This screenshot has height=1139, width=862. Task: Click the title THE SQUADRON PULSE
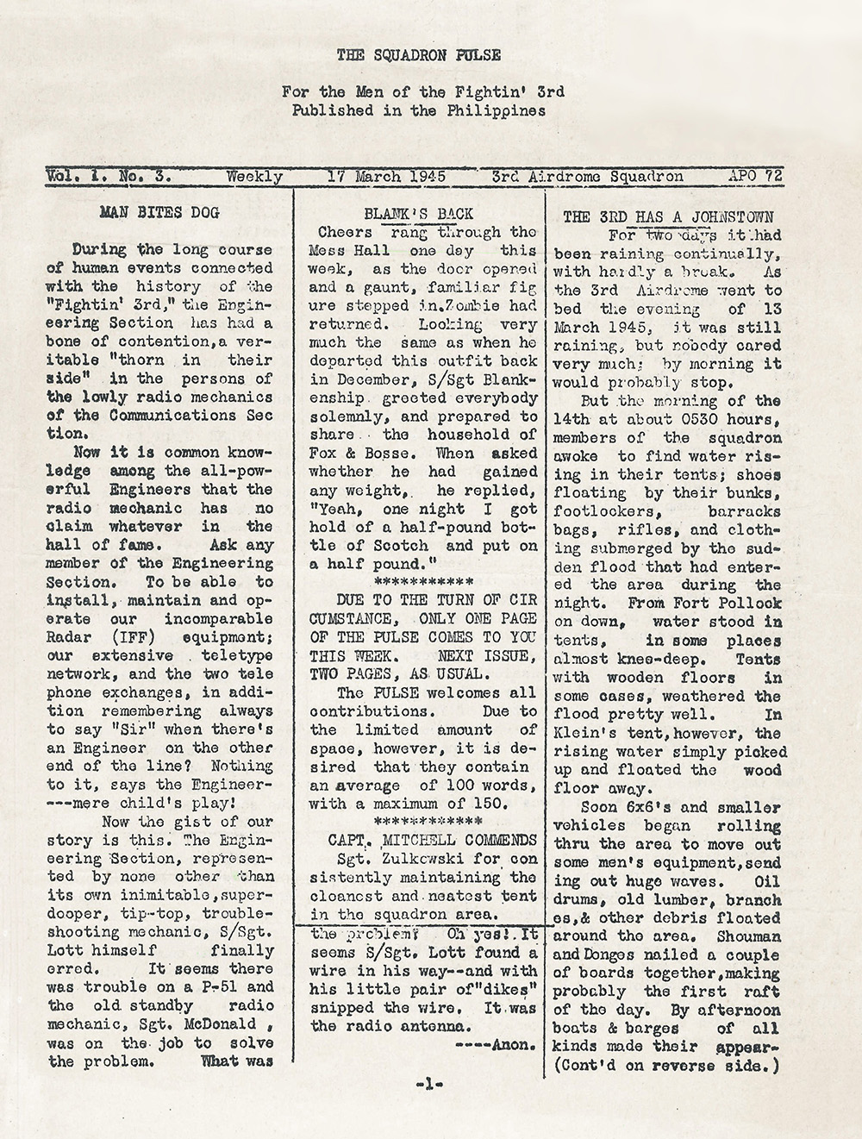tap(418, 55)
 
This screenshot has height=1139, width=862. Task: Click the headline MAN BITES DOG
tap(159, 212)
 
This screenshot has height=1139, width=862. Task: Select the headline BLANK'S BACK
tap(419, 214)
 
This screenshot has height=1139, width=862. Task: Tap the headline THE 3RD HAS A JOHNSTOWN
tap(667, 216)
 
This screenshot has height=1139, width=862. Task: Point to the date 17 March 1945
tap(387, 177)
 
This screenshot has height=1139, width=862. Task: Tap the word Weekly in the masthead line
tap(254, 177)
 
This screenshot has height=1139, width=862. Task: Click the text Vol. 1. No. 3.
tap(109, 177)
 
